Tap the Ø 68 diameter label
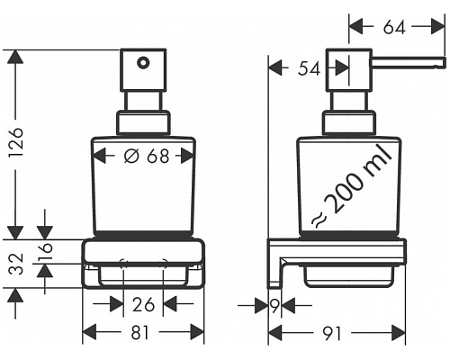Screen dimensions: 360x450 point(145,156)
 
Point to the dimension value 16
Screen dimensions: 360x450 point(48,250)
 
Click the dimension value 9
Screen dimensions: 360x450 point(274,305)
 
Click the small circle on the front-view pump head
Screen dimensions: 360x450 point(140,63)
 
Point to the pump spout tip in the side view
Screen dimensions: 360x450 point(441,63)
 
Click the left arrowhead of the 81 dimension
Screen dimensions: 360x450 point(88,332)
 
